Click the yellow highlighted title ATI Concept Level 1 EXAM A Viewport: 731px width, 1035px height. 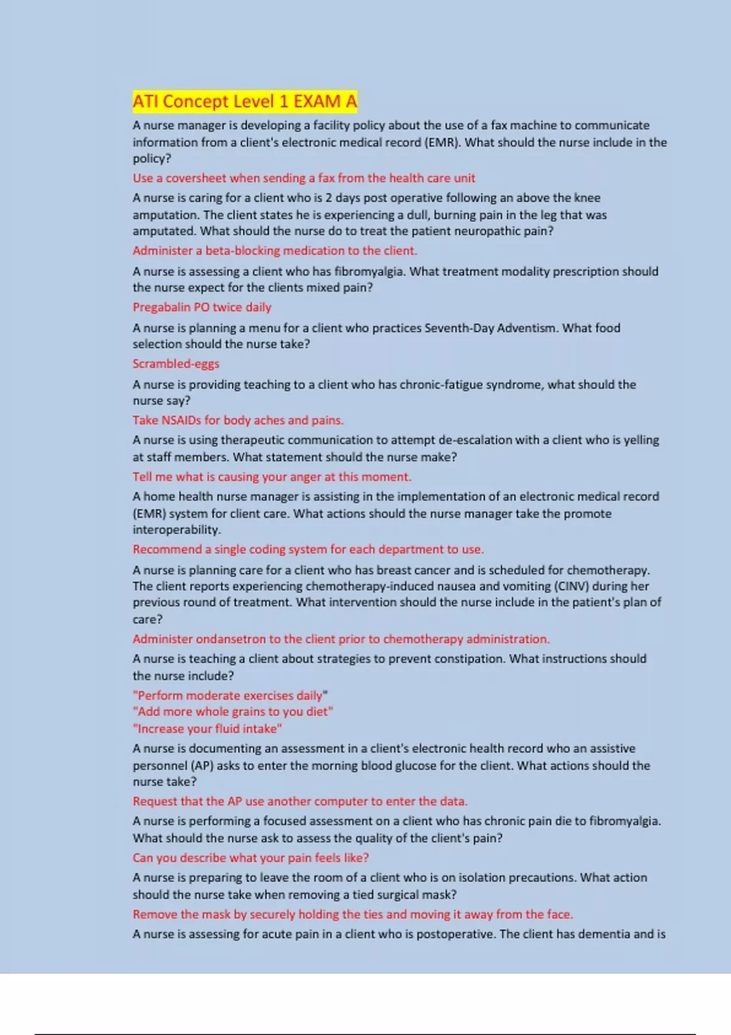click(x=245, y=101)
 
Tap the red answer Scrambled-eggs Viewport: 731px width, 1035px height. click(x=176, y=363)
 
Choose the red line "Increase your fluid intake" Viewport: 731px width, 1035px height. click(x=207, y=729)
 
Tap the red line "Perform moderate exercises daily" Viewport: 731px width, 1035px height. click(x=230, y=695)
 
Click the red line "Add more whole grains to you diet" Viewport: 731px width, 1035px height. click(x=233, y=712)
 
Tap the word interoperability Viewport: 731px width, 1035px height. click(x=176, y=530)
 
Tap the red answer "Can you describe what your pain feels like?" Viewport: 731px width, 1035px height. click(x=250, y=858)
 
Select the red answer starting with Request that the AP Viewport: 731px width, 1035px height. click(x=300, y=801)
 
